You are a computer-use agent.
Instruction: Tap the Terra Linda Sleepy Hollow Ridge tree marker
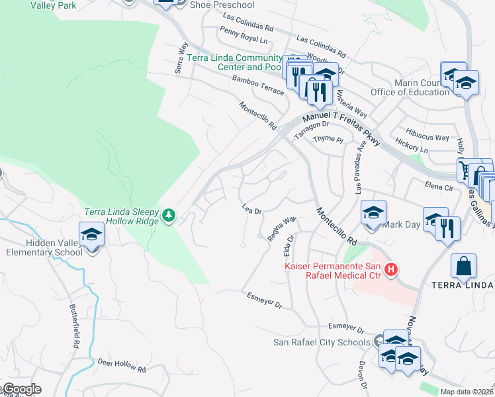coord(169,214)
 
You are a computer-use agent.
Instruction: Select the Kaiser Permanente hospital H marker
coord(391,269)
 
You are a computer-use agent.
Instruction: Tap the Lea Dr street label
coord(253,208)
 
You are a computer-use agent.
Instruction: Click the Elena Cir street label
coord(443,187)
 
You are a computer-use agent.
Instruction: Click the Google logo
coord(22,389)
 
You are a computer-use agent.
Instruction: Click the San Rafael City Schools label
coord(322,342)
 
